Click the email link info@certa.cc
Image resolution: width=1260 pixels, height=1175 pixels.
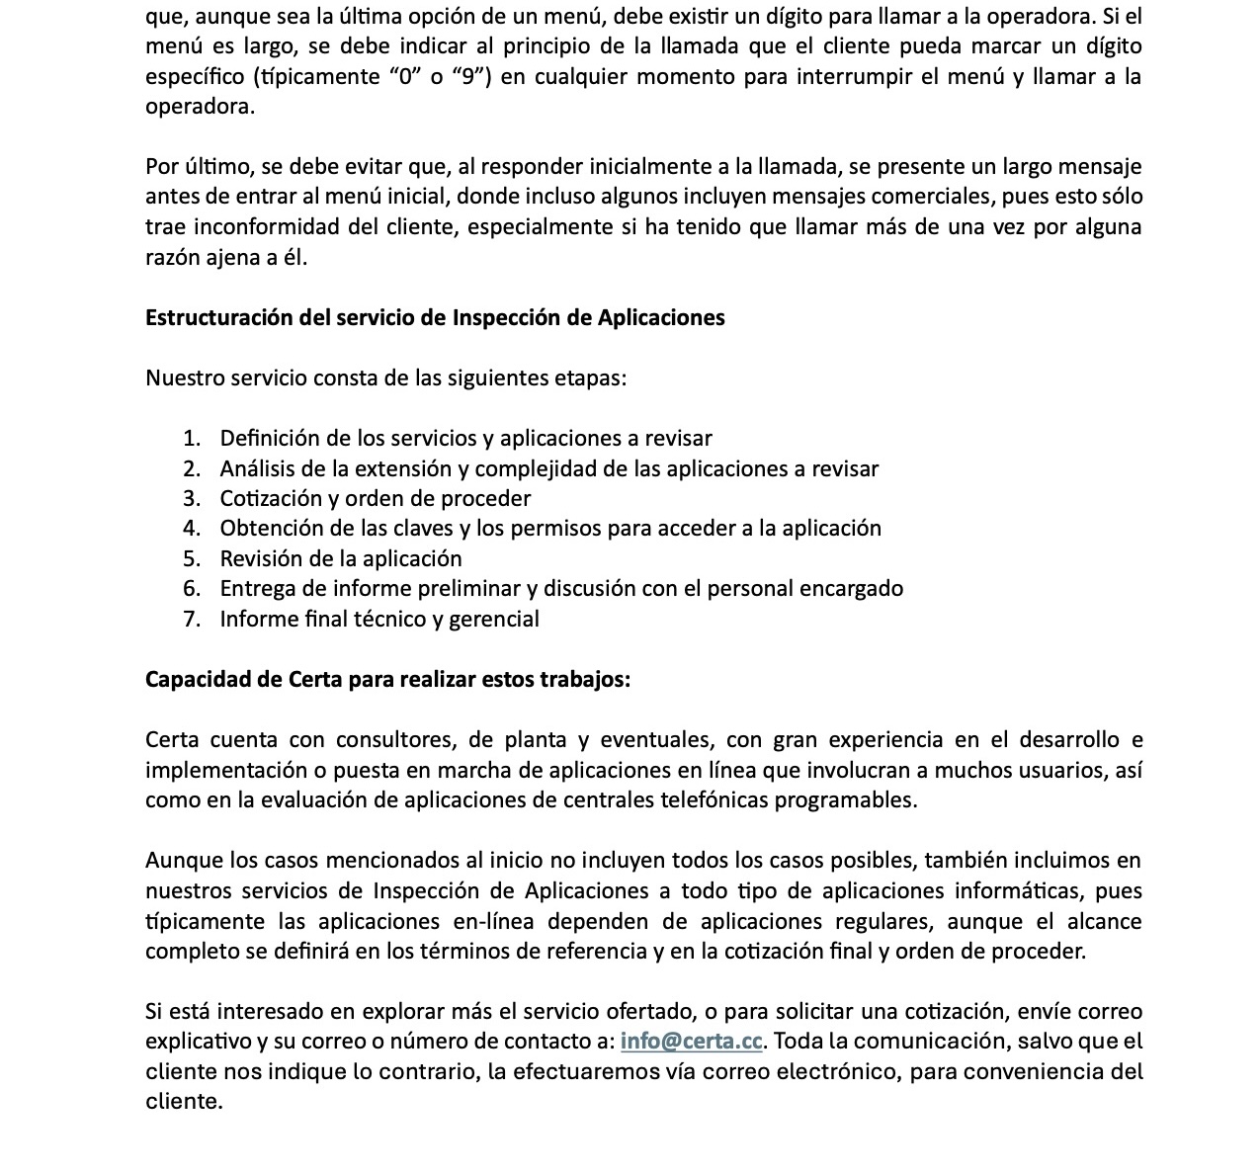pos(691,1042)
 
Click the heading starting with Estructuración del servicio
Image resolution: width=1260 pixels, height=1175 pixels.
pos(435,317)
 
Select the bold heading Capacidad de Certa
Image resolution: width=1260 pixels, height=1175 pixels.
pos(387,680)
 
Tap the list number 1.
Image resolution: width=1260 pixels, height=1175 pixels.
pos(192,439)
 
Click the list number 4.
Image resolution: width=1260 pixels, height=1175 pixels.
pos(192,529)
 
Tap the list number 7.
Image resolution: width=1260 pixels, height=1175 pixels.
pos(192,620)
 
